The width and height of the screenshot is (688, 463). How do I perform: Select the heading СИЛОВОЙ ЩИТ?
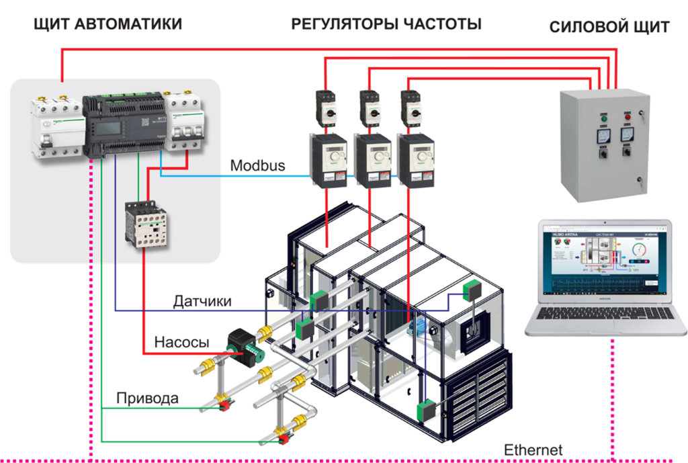click(x=609, y=28)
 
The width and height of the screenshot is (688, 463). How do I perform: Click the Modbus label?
click(x=257, y=165)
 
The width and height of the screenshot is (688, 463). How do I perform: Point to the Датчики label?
click(x=202, y=301)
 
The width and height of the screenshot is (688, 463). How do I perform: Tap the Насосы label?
click(x=181, y=342)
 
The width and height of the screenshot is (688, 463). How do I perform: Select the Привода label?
click(x=148, y=398)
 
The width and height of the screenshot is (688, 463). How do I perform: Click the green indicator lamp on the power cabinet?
click(x=602, y=119)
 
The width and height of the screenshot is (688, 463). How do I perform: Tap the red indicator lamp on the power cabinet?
click(x=629, y=119)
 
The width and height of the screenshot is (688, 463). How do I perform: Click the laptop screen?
click(x=604, y=261)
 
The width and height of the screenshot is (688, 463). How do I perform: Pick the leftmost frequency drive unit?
click(x=327, y=161)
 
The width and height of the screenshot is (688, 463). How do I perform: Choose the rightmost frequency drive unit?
click(x=415, y=161)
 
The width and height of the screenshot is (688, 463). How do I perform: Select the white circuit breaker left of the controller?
click(x=56, y=128)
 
